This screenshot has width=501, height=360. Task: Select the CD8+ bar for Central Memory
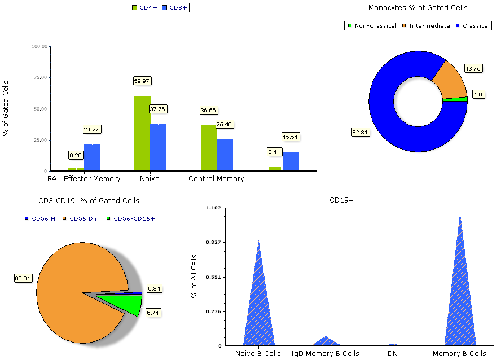(225, 155)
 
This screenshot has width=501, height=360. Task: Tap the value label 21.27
(91, 129)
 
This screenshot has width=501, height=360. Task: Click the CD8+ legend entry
(174, 8)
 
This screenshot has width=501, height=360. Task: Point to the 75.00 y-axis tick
(39, 78)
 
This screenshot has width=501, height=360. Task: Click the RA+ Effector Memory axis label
(84, 179)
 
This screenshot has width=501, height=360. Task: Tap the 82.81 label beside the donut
(360, 132)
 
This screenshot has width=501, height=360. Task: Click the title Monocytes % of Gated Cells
(417, 8)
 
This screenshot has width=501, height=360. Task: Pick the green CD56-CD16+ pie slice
(122, 303)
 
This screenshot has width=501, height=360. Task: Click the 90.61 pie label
(23, 278)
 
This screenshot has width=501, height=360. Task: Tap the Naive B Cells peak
(258, 293)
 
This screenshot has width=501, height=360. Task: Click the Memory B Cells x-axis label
(459, 354)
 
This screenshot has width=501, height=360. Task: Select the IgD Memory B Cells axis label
(325, 354)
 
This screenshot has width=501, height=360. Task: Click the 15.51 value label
(291, 137)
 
